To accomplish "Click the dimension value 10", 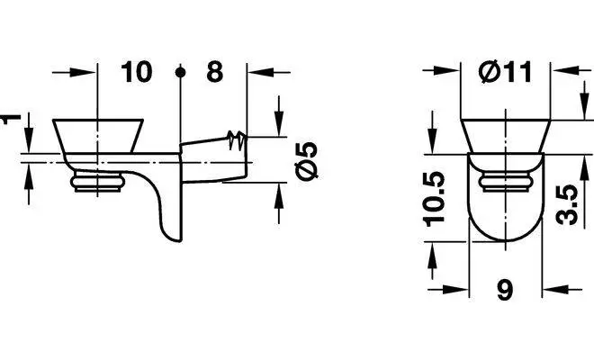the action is tap(137, 72).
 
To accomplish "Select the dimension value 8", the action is tap(214, 72).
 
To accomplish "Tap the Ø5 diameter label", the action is tap(307, 161).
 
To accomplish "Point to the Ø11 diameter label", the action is tap(506, 72).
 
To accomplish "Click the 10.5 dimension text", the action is tap(434, 199).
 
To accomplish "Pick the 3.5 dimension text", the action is tap(567, 204).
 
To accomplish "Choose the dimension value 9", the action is tap(505, 290).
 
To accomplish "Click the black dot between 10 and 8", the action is tap(181, 72).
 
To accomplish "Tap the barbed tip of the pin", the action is tap(237, 140).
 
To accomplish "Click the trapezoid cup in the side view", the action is tap(98, 136).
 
